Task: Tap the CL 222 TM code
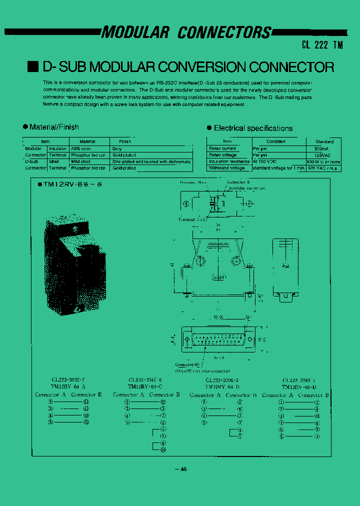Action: pyautogui.click(x=322, y=44)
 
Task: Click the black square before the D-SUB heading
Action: pyautogui.click(x=32, y=66)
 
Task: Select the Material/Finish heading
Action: pyautogui.click(x=54, y=127)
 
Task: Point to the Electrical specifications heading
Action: pyautogui.click(x=253, y=128)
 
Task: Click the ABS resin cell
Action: pyautogui.click(x=81, y=148)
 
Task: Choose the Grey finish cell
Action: pyautogui.click(x=117, y=148)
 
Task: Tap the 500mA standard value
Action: pyautogui.click(x=322, y=148)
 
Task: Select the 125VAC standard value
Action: pyautogui.click(x=322, y=155)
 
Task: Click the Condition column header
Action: pyautogui.click(x=275, y=141)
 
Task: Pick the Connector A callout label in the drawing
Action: pyautogui.click(x=238, y=182)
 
